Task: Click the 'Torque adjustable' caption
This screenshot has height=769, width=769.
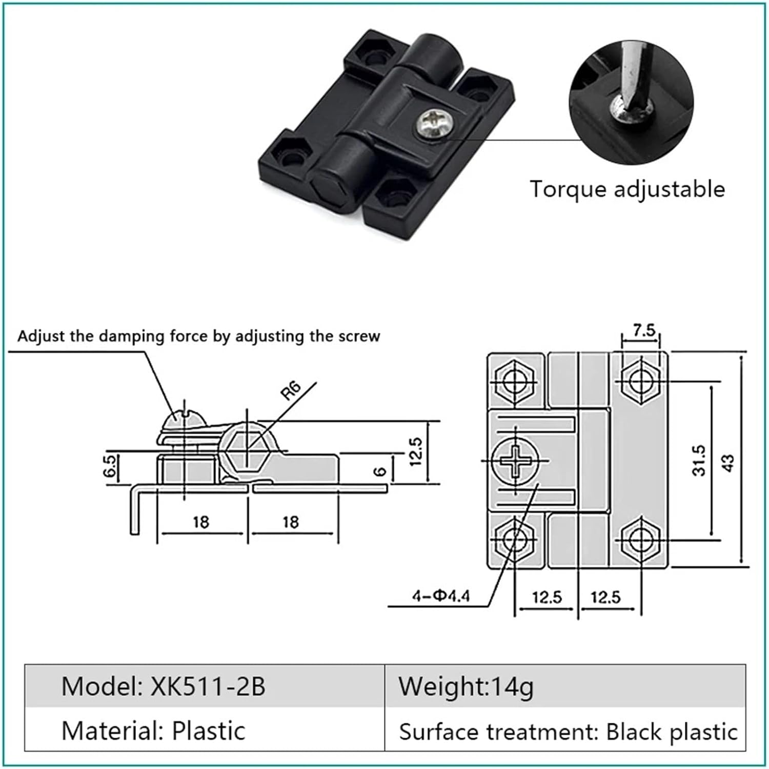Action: (x=627, y=189)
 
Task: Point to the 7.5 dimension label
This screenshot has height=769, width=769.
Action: (x=643, y=330)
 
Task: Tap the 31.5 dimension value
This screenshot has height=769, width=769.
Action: (x=699, y=460)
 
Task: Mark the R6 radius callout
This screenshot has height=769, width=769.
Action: (x=291, y=391)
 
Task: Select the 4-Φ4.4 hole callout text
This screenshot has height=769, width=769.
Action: (x=441, y=596)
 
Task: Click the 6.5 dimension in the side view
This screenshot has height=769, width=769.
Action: (x=110, y=467)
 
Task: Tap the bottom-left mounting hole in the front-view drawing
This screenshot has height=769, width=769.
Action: (x=513, y=540)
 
